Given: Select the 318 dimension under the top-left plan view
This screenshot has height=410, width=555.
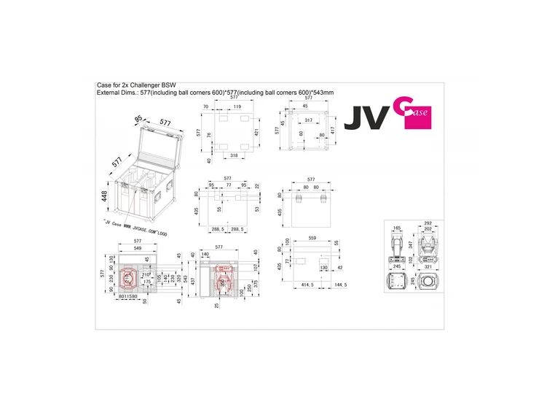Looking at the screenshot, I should pyautogui.click(x=233, y=155).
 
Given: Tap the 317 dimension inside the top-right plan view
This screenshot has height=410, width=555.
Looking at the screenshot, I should pyautogui.click(x=309, y=120).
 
